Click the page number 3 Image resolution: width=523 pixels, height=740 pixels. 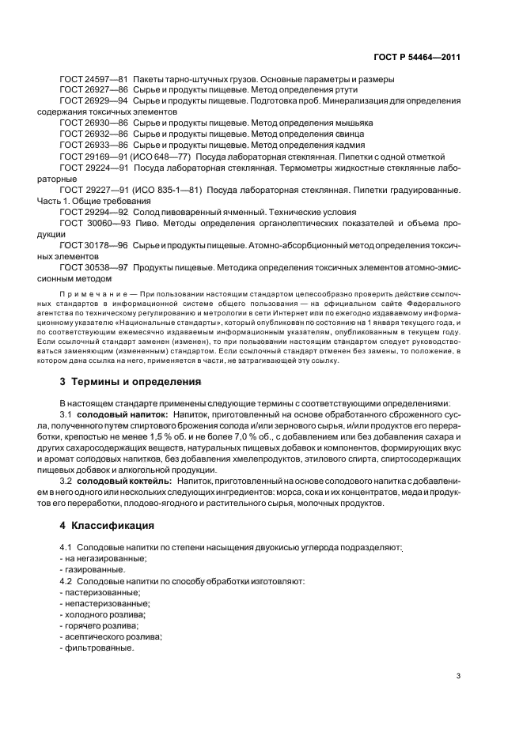(x=459, y=675)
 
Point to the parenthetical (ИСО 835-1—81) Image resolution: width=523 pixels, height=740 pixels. (x=169, y=191)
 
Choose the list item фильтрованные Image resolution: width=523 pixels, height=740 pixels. (x=99, y=647)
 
